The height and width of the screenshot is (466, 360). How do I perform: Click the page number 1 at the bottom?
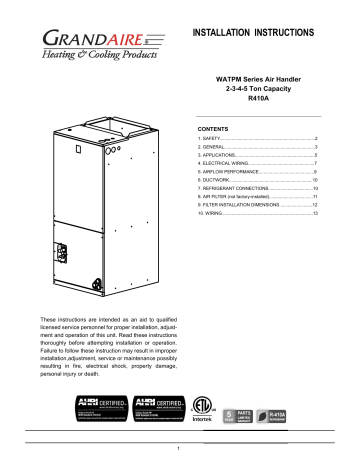[179, 454]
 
